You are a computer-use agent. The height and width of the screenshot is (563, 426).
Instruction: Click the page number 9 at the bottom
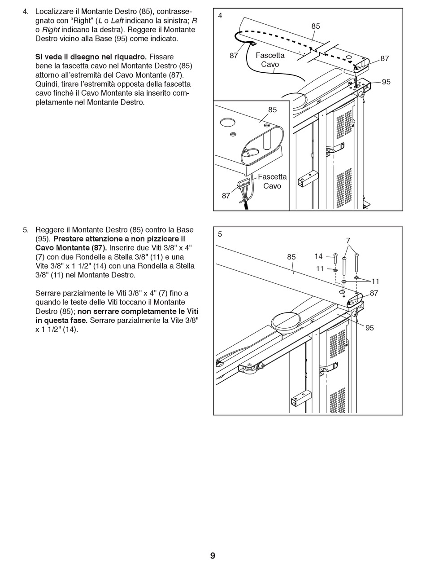tap(213, 556)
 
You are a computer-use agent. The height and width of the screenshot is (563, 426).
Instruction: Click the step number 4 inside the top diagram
tap(220, 16)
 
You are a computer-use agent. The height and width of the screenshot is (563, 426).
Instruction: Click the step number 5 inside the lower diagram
tap(220, 234)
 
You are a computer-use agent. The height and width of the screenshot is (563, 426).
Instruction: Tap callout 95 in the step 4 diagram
tap(386, 82)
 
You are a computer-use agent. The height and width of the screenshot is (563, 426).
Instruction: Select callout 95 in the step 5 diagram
tap(369, 328)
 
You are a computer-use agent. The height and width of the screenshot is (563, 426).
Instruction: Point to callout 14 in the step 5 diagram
tap(318, 256)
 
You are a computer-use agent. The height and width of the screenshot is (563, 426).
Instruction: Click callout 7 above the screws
tap(348, 241)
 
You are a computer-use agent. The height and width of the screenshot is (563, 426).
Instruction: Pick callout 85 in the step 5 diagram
tap(291, 257)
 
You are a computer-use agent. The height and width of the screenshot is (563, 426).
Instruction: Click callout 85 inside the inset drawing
tap(273, 110)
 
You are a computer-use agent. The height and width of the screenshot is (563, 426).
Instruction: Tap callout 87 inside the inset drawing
tap(226, 195)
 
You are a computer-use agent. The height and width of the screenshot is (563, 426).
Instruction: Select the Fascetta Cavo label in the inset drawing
tap(272, 181)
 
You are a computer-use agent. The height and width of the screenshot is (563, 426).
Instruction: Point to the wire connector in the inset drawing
tap(243, 184)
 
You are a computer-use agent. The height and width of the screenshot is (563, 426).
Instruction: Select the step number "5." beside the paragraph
tap(26, 230)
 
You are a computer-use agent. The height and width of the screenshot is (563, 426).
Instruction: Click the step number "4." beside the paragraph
tap(26, 12)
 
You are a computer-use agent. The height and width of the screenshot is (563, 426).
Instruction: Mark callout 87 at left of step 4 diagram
tap(234, 56)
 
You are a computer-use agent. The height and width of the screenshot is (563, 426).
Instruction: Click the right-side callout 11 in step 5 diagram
tap(375, 281)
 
